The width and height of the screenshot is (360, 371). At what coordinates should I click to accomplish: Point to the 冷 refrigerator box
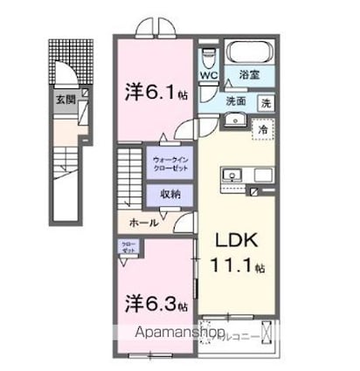262,128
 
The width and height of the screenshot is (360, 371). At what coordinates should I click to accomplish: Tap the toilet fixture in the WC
206,56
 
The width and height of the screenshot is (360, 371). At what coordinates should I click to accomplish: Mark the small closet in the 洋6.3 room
128,249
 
